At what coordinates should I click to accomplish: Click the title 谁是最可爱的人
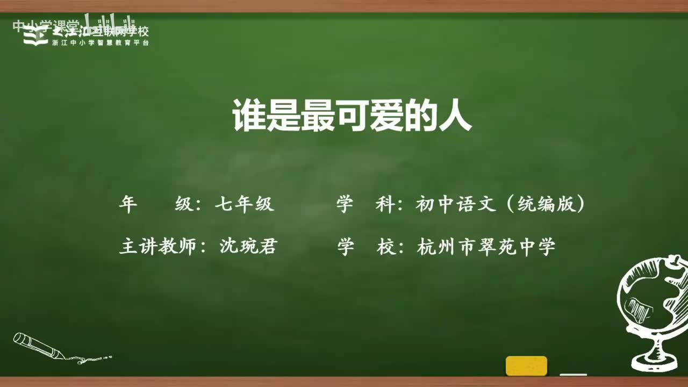coord(352,115)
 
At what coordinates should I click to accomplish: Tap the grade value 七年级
coord(244,204)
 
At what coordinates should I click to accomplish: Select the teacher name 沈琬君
coord(248,247)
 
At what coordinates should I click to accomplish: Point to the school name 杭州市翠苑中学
coord(486,247)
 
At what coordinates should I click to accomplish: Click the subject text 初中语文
coord(455,204)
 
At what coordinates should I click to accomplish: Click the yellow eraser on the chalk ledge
coord(526,365)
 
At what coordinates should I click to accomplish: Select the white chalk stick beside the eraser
coord(573,374)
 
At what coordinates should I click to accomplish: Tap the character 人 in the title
coord(456,115)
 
